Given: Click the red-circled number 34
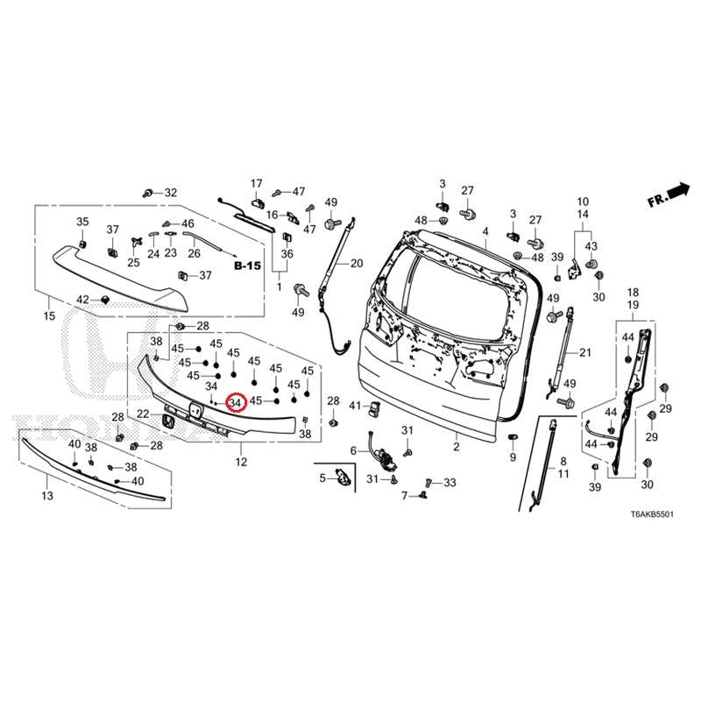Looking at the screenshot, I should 236,402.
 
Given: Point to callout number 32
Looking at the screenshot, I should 170,193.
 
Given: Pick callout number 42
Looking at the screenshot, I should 83,300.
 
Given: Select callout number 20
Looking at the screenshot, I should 356,264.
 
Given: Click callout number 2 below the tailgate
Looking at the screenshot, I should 456,447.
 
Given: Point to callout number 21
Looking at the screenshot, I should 586,352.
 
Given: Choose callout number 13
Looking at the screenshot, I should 46,496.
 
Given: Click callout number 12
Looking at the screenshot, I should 241,461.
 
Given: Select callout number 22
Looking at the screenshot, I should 143,414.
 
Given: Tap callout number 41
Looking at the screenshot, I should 355,406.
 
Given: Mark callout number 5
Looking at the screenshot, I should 322,478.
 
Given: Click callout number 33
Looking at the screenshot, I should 450,483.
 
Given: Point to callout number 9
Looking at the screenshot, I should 513,457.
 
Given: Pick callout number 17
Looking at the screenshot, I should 258,183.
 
